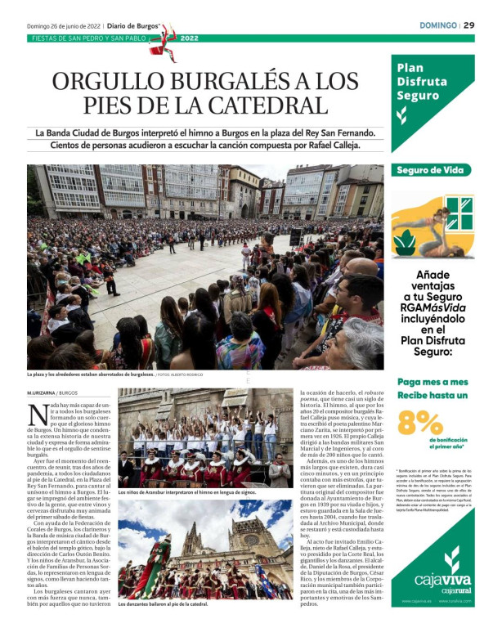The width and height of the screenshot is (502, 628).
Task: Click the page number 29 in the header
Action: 468,25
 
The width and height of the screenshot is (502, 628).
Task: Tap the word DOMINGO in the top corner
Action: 437,25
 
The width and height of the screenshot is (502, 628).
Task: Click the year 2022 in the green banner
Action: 189,38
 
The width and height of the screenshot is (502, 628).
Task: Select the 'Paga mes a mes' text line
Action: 433,382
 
